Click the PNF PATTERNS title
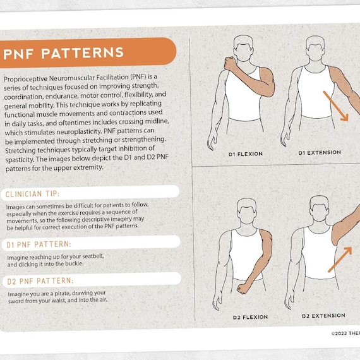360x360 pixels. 63,52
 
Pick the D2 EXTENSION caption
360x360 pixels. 323,316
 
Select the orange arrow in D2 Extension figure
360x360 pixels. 339,259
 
